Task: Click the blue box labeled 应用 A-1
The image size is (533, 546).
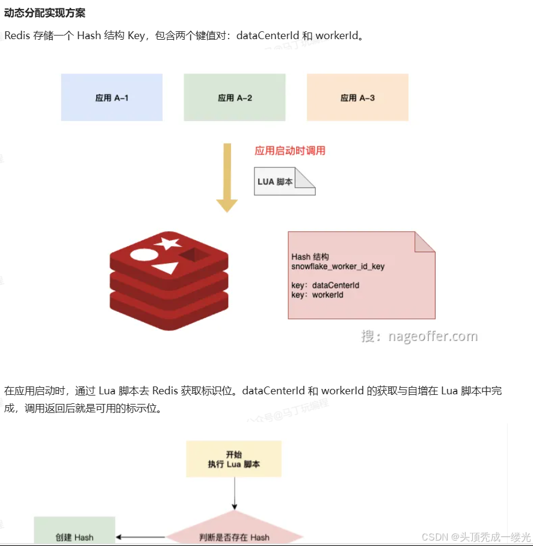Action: [x=112, y=98]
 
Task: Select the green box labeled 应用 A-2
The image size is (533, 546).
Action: [x=235, y=98]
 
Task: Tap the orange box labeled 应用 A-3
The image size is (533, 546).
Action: [x=357, y=98]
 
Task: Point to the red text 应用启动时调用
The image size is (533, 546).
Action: [x=290, y=150]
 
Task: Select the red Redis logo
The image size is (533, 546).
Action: [x=170, y=283]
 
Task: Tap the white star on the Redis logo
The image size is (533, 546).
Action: [x=168, y=243]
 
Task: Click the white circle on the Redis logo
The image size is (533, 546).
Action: [x=143, y=254]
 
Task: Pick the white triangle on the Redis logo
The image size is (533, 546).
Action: [x=165, y=267]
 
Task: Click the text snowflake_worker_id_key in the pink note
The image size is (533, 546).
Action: [x=338, y=266]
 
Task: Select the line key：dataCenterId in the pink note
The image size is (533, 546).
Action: [x=325, y=285]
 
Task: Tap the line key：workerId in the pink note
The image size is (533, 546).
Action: [x=318, y=295]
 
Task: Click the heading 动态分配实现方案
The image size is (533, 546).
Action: [x=45, y=13]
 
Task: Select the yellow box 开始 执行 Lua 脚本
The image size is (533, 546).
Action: [x=234, y=459]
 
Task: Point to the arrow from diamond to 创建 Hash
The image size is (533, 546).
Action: [x=140, y=536]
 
